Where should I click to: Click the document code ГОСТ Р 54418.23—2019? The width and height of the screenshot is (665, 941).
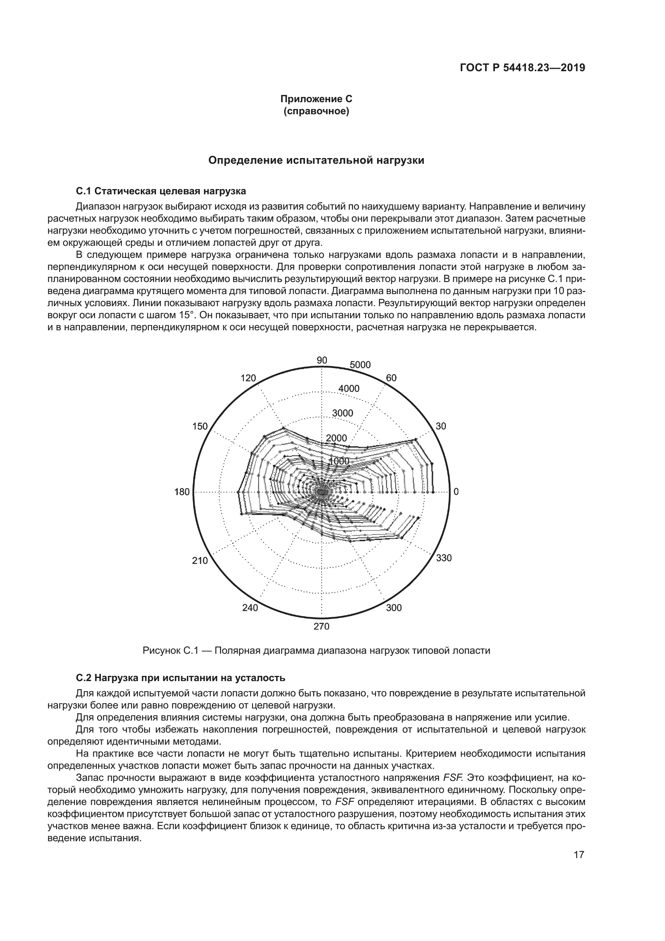point(523,68)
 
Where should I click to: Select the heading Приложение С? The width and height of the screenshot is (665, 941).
point(316,99)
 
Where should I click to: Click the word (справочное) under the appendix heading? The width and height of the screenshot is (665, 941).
point(316,111)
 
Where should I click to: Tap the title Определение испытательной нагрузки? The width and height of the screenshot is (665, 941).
point(316,160)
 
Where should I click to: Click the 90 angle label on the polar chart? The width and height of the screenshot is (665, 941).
point(322,360)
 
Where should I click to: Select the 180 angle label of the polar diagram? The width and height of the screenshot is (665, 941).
point(182,492)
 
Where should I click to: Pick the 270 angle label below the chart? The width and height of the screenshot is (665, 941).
point(322,626)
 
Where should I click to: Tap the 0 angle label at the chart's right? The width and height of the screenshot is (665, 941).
point(456,492)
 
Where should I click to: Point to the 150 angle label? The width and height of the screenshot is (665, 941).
point(200,426)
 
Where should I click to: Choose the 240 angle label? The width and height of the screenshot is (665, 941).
point(250,608)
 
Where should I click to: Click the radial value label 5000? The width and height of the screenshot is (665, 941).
point(360,365)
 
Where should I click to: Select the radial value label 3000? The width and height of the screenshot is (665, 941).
point(342,413)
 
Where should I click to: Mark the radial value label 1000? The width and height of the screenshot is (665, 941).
point(339,461)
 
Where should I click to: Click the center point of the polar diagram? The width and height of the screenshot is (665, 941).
point(322,491)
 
